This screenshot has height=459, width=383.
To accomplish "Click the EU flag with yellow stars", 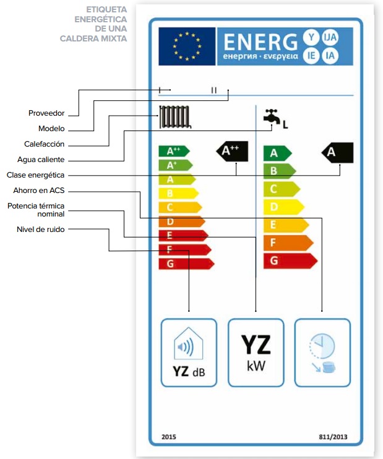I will tap(184, 46).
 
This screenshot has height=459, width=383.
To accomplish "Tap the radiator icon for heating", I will tap(175, 116).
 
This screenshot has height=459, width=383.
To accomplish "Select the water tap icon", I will tap(271, 118).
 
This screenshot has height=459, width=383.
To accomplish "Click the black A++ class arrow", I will tap(231, 150).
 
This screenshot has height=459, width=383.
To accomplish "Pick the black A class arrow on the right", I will tap(337, 152).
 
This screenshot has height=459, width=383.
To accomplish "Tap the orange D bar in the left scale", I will tap(181, 221).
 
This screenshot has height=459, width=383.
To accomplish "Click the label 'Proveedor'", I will tap(46, 113).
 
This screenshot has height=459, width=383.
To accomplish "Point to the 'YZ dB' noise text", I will tap(188, 372).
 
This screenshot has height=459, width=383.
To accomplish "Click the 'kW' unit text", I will tap(256, 366).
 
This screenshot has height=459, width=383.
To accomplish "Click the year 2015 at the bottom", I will tap(168, 437).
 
